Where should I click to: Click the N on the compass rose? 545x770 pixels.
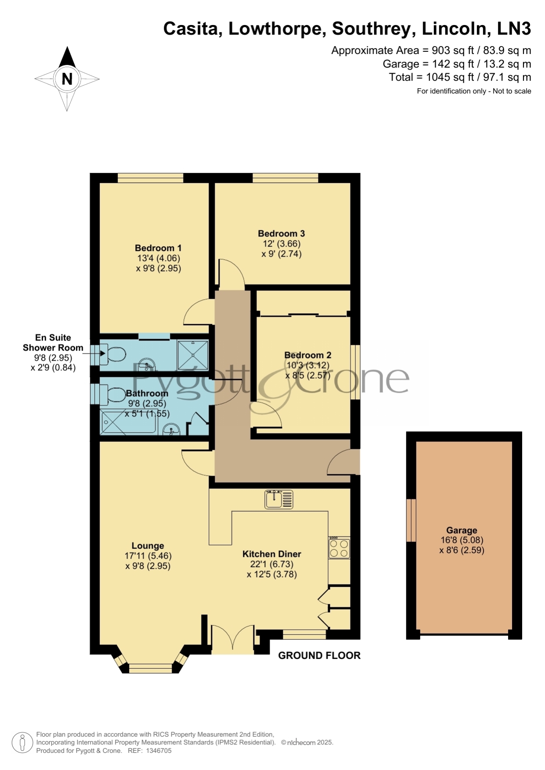point(67,79)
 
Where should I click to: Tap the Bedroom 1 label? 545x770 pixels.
point(158,248)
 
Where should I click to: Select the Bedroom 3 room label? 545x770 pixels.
point(282,233)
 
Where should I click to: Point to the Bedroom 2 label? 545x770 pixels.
point(308,355)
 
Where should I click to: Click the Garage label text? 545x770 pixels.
point(462,530)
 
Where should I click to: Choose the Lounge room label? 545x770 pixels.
point(148,546)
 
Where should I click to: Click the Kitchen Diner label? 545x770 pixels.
point(272,554)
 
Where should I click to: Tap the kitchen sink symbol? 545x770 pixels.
point(279,499)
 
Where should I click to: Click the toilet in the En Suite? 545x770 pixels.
point(112,354)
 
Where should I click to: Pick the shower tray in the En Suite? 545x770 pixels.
point(192,355)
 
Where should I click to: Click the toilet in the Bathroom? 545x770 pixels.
point(113,395)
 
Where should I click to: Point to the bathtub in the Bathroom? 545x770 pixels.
point(128,422)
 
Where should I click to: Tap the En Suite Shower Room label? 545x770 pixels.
point(53,343)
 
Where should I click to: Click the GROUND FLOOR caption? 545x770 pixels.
point(319,655)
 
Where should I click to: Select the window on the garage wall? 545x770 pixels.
point(411,520)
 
